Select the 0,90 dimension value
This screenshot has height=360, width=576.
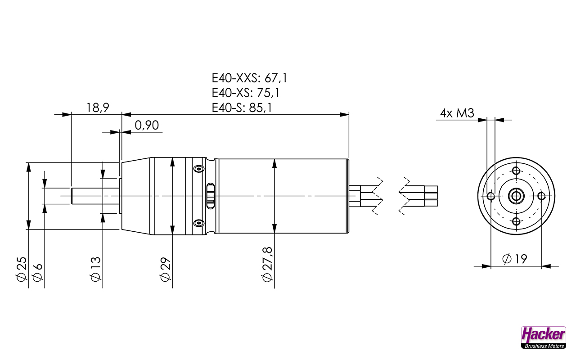click(147, 126)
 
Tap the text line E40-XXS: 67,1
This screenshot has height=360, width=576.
click(249, 78)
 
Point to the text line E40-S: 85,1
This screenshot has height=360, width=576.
click(242, 108)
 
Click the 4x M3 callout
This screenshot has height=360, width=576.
click(457, 113)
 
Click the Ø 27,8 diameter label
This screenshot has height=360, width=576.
click(267, 265)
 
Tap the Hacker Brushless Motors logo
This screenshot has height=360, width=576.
click(543, 337)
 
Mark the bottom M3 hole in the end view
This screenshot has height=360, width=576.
click(516, 221)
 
